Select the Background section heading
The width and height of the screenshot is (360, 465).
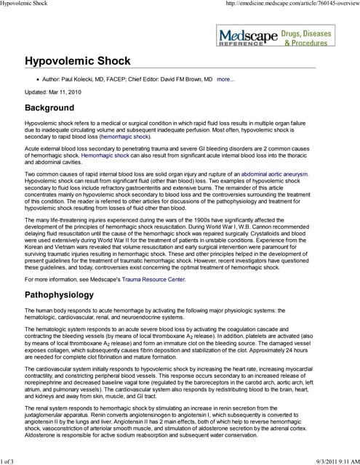click(x=54, y=108)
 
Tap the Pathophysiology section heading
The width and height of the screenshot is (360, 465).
click(x=69, y=295)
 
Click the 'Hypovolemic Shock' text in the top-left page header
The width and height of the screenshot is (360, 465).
click(x=27, y=4)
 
